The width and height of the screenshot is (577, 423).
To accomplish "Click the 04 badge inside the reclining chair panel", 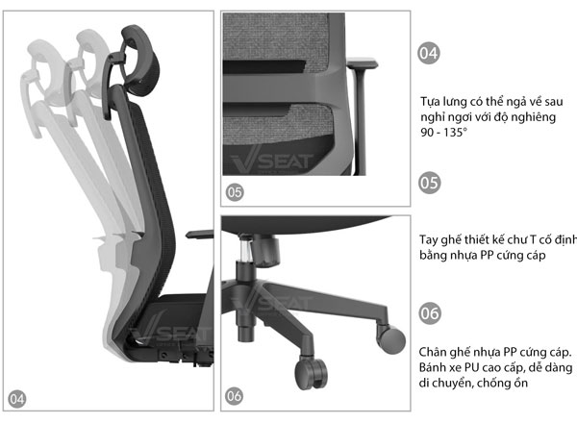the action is pyautogui.click(x=17, y=399).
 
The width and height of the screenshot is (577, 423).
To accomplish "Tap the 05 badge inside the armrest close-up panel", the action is pyautogui.click(x=235, y=192).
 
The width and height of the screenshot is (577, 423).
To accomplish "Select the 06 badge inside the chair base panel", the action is pyautogui.click(x=235, y=396).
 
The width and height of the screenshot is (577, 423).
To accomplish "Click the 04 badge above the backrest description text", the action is pyautogui.click(x=429, y=53).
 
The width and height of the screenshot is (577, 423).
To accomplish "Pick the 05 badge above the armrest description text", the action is pyautogui.click(x=430, y=183).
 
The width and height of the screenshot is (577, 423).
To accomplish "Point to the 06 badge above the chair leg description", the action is pyautogui.click(x=430, y=313).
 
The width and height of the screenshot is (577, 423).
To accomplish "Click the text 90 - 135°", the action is pyautogui.click(x=443, y=133).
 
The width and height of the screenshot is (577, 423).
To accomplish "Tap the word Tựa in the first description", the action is pyautogui.click(x=429, y=102).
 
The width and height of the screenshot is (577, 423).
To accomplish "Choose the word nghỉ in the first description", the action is pyautogui.click(x=431, y=117).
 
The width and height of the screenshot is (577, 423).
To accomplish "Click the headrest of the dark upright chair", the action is pyautogui.click(x=141, y=59).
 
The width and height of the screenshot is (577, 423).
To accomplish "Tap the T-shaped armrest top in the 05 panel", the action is pyautogui.click(x=363, y=62).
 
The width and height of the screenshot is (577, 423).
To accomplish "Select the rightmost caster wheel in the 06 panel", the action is pyautogui.click(x=391, y=339).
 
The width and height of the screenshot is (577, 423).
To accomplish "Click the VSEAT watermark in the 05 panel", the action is pyautogui.click(x=272, y=162).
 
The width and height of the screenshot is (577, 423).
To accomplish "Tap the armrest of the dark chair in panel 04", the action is pyautogui.click(x=200, y=235).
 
